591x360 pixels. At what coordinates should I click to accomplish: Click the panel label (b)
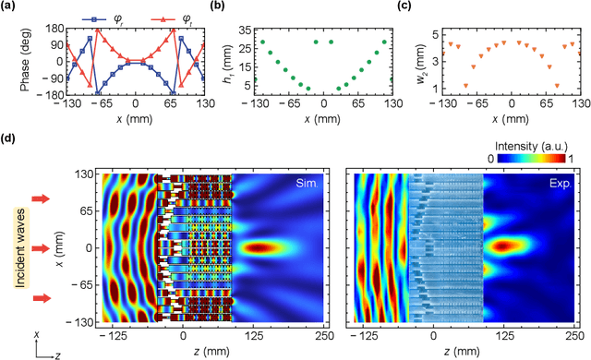[220, 8]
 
